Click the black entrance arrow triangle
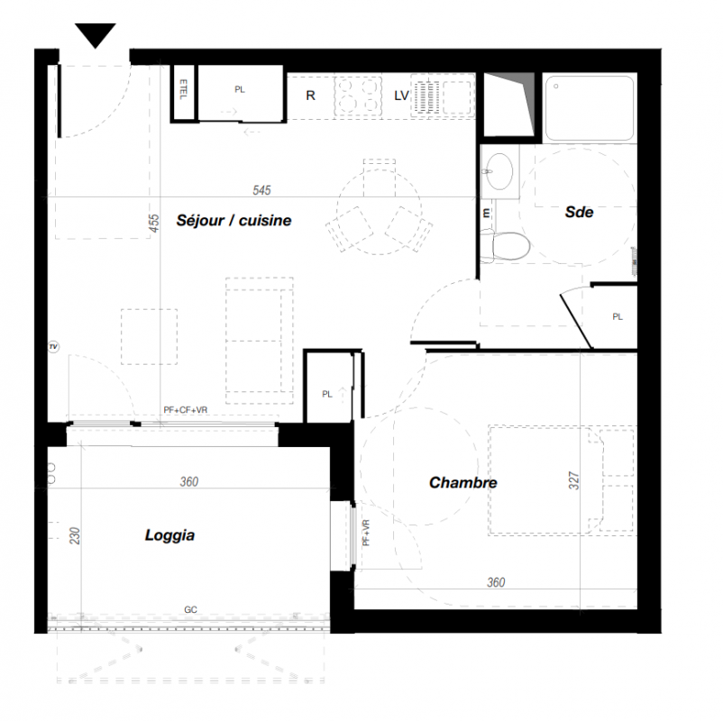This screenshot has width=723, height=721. coord(96,34)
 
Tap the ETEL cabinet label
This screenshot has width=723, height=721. coord(183,89)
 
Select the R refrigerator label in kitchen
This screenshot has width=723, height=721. coord(310,96)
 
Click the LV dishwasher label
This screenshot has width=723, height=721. coord(401,96)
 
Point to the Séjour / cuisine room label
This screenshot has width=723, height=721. coord(233,221)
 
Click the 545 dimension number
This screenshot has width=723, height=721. coord(261,190)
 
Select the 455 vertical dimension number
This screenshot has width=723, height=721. coord(153,224)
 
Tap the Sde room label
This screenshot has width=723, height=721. coord(579,212)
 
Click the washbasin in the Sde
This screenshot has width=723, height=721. coord(499,171)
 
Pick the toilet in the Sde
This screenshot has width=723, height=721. coord(505,246)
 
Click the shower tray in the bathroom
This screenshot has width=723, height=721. coord(590,107)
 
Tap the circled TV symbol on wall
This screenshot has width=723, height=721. coord(53,347)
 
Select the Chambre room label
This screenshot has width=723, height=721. coord(463,483)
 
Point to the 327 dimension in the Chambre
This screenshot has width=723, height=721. coord(573,480)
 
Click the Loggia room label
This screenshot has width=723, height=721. coord(169,535)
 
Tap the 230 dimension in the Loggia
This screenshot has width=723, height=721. coord(74,535)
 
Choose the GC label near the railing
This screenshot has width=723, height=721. coord(190,609)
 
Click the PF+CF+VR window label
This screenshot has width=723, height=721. coord(186,410)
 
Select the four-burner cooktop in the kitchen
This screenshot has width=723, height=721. coord(358,96)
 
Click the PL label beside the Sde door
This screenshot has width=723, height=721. coord(618,316)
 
